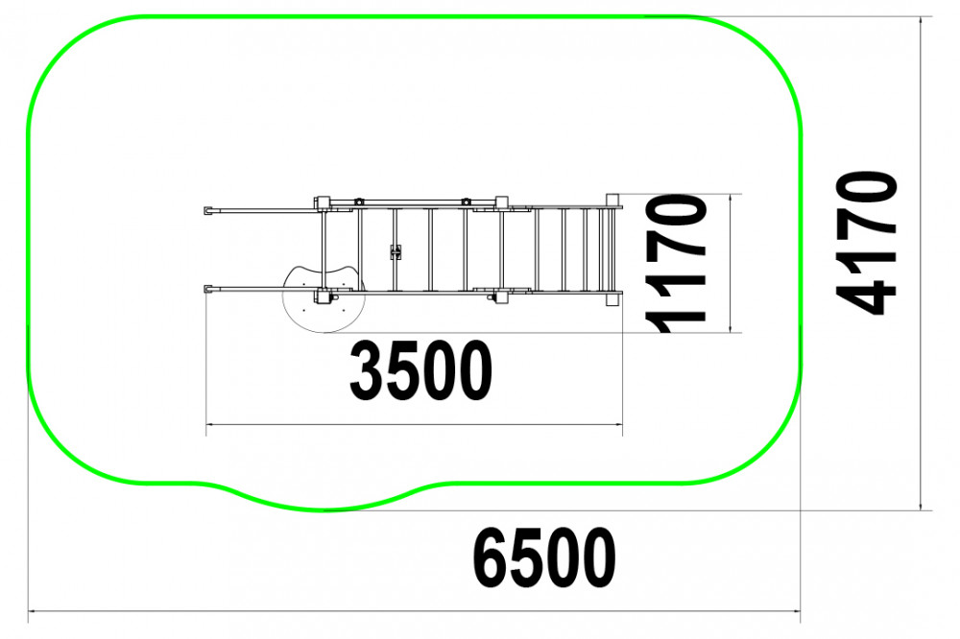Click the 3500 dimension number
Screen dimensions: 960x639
click(x=420, y=371)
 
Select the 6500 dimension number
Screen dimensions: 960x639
click(x=543, y=557)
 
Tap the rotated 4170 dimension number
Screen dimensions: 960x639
click(x=866, y=243)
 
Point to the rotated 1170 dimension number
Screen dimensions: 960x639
click(x=676, y=263)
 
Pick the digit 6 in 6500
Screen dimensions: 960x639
click(x=490, y=557)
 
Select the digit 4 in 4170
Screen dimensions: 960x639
click(x=866, y=296)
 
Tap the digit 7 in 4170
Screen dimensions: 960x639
click(x=866, y=228)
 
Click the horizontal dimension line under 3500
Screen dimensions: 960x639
click(x=414, y=424)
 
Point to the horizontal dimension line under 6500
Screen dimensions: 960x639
click(x=415, y=611)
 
